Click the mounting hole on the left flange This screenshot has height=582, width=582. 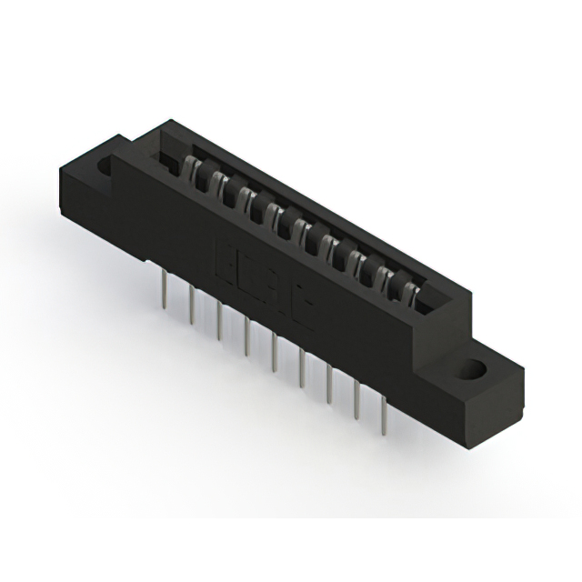(105, 166)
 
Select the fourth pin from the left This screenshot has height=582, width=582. (247, 337)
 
